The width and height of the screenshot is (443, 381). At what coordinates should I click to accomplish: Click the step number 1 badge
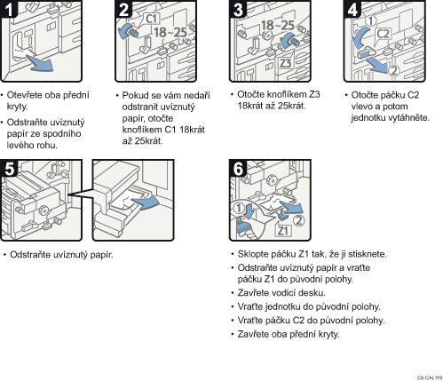tap(9, 9)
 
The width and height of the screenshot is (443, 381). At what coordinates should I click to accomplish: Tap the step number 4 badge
tap(352, 9)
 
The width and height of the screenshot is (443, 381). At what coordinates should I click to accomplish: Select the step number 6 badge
tap(238, 168)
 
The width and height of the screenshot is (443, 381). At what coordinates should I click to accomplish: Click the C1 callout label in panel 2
tap(152, 19)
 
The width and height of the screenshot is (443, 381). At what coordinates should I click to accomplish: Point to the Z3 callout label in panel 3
tap(286, 63)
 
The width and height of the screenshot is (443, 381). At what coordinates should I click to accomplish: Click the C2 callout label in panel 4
tap(383, 34)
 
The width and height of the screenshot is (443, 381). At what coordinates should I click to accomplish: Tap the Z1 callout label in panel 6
tap(283, 231)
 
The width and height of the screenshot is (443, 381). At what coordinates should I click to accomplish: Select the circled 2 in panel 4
tap(394, 71)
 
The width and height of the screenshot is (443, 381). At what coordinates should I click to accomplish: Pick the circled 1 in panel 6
tap(239, 208)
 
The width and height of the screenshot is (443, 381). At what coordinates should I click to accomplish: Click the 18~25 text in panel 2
tap(170, 32)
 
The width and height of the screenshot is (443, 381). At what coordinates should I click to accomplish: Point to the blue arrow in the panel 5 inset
tap(146, 202)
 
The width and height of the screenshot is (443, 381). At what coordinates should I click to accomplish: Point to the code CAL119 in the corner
tap(433, 377)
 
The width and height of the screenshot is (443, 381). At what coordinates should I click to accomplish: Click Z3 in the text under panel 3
tap(314, 95)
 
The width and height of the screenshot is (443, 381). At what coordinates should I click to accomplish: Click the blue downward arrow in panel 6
tap(248, 210)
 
